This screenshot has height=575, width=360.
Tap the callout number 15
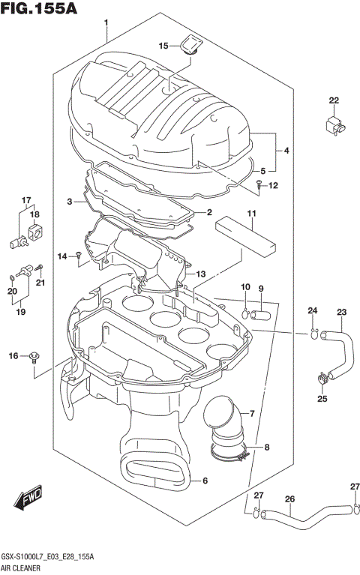click(x=163, y=46)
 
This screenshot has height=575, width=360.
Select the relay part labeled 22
click(x=333, y=124)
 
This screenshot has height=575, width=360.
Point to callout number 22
click(x=333, y=100)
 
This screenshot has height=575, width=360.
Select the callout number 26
click(x=289, y=499)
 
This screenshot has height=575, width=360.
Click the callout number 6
click(x=205, y=481)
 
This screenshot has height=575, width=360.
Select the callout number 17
click(x=26, y=200)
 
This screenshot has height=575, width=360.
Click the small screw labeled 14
click(x=79, y=256)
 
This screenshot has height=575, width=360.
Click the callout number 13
click(x=200, y=274)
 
